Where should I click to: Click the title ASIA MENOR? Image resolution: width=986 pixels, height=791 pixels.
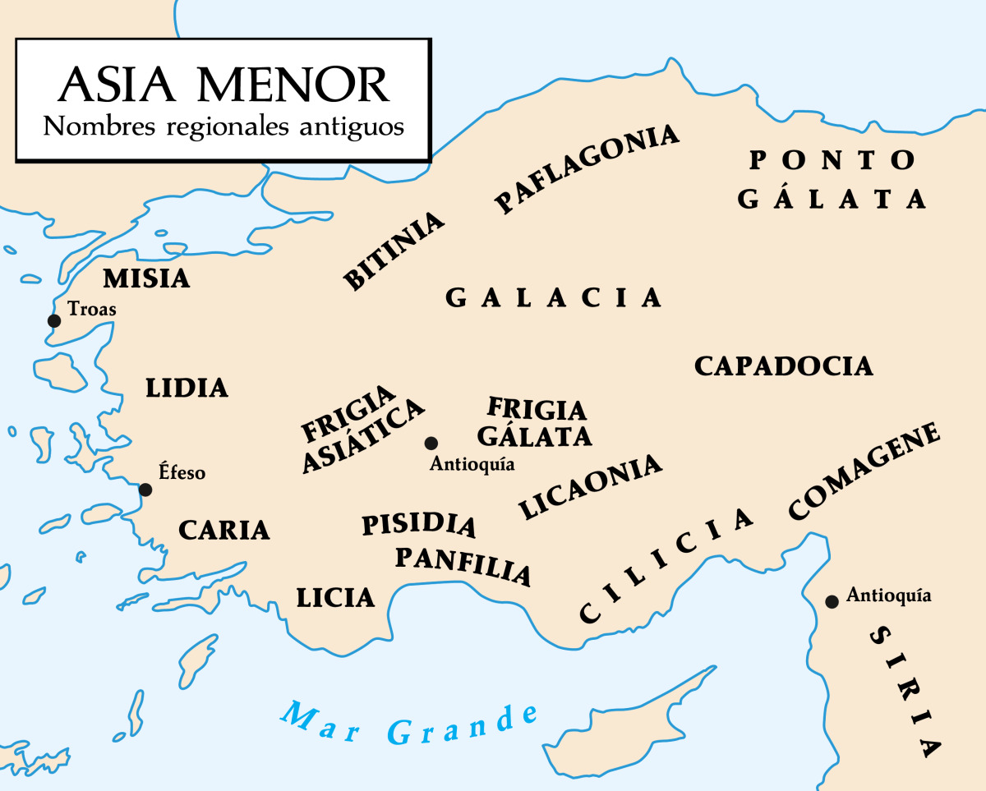[223, 85]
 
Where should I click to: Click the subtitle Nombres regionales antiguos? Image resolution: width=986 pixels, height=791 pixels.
[223, 126]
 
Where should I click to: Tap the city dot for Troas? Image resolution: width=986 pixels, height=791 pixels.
[54, 320]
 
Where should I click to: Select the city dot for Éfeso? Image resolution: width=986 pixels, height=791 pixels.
[145, 490]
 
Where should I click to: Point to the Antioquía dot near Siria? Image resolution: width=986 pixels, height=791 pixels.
[832, 602]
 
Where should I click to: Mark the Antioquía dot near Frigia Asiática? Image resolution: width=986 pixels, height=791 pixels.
[431, 444]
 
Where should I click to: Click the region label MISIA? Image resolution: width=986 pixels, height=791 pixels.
[146, 279]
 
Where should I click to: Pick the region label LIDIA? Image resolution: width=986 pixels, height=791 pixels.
[187, 388]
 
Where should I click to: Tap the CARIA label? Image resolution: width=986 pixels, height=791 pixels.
[224, 531]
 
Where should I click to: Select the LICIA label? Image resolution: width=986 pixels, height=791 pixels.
[335, 598]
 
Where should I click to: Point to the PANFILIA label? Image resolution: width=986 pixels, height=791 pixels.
[463, 564]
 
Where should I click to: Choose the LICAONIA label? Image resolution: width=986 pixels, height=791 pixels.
[589, 486]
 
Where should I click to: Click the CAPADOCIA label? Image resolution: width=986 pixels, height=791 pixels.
[783, 366]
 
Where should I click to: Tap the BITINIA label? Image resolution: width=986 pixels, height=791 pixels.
[394, 251]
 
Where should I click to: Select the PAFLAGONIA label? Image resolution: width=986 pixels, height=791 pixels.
[587, 168]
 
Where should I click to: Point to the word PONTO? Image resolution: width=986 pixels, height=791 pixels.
[832, 160]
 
